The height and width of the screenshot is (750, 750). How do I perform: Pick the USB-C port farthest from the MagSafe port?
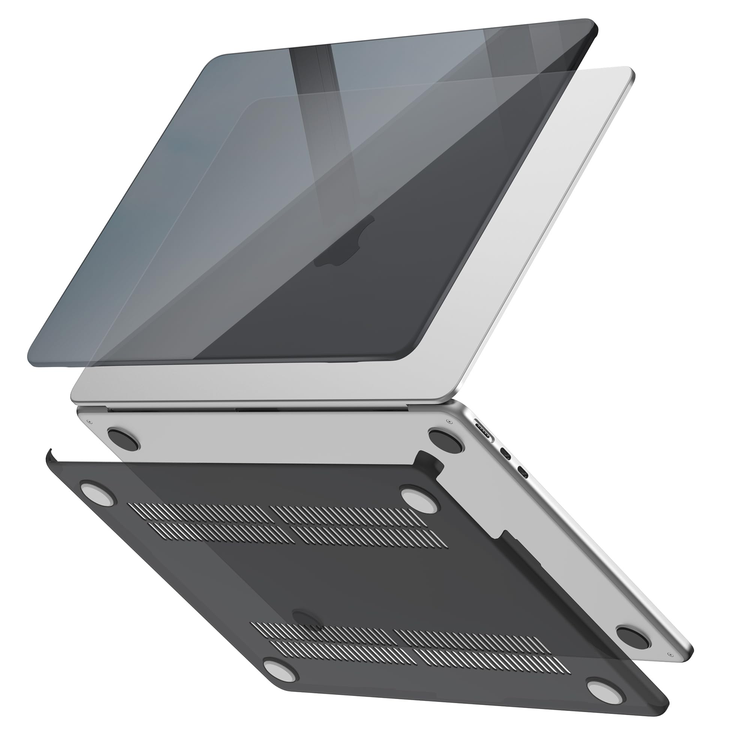tap(523, 474)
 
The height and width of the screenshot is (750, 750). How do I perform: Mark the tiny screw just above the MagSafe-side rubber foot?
tap(449, 421)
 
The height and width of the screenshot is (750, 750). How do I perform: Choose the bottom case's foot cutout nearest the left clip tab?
tap(98, 493)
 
